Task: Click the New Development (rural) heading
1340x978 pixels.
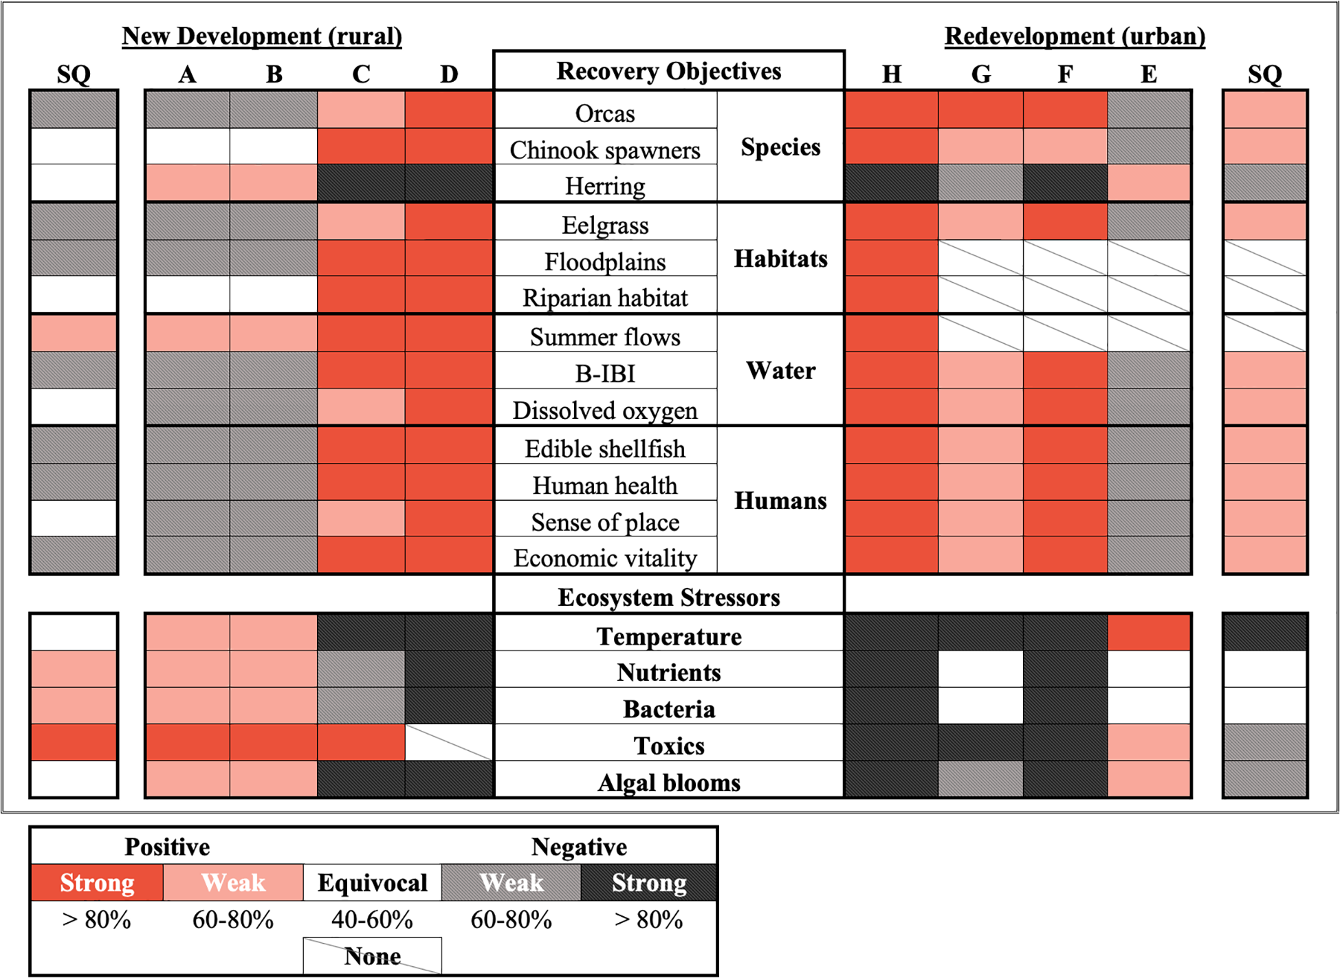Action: click(x=262, y=36)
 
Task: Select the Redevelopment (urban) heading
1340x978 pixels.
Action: click(x=1075, y=36)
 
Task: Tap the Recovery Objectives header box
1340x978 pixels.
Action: click(x=668, y=71)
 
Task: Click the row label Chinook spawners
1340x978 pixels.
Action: click(x=605, y=150)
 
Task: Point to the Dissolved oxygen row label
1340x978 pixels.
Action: click(x=605, y=411)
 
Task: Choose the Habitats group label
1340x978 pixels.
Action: click(x=780, y=259)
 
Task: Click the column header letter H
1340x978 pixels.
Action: click(x=892, y=74)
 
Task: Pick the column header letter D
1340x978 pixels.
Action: click(x=449, y=74)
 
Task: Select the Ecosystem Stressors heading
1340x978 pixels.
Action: click(x=668, y=597)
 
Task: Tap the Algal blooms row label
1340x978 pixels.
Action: click(x=668, y=783)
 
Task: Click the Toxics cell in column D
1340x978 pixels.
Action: click(x=449, y=742)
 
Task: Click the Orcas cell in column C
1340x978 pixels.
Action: click(x=361, y=109)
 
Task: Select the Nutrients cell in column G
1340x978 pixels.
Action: click(x=980, y=669)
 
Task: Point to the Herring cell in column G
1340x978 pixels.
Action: click(x=980, y=183)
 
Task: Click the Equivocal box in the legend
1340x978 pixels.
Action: click(x=372, y=883)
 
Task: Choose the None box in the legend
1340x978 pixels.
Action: click(x=372, y=956)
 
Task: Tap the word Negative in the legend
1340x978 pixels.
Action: click(x=579, y=847)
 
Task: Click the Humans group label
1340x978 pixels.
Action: click(x=780, y=501)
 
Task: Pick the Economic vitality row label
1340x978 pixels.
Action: click(x=605, y=558)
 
